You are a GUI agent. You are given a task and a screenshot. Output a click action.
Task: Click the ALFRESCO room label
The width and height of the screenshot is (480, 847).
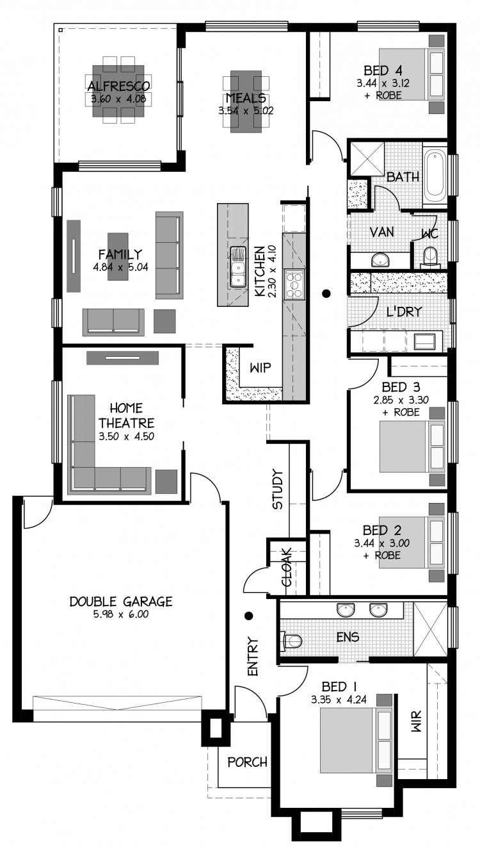(x=118, y=86)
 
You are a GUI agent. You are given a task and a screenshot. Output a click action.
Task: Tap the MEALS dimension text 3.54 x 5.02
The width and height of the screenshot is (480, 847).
(x=246, y=111)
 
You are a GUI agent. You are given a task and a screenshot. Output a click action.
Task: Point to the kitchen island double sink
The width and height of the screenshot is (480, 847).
(x=238, y=267)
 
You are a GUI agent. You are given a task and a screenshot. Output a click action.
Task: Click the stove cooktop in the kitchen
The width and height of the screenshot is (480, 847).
(x=294, y=284)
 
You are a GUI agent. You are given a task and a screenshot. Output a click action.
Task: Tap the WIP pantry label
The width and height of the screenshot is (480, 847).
(x=260, y=367)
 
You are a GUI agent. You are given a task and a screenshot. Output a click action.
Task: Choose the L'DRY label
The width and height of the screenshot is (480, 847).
(x=404, y=311)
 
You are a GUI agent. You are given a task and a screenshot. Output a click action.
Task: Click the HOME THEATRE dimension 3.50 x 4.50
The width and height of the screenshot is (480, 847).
(x=126, y=436)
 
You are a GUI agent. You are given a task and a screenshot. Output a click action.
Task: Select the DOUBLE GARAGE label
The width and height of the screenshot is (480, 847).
(x=121, y=601)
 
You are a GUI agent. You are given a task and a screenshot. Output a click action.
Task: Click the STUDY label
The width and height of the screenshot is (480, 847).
(x=278, y=489)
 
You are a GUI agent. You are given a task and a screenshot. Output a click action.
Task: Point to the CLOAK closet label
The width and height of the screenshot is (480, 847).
(x=287, y=567)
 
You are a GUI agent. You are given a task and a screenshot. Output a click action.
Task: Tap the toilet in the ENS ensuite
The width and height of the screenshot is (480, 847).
(x=292, y=641)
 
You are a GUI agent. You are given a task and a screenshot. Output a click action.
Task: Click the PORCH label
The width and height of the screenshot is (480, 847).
(x=248, y=762)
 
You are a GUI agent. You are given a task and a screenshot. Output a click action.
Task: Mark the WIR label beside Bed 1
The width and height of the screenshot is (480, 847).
(x=415, y=721)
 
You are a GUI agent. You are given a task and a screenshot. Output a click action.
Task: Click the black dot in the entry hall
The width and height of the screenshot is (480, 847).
(x=249, y=616)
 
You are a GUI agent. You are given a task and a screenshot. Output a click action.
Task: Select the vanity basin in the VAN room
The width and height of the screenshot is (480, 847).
(x=380, y=259)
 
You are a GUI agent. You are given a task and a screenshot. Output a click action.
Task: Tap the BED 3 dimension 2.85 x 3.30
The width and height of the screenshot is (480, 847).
(x=401, y=400)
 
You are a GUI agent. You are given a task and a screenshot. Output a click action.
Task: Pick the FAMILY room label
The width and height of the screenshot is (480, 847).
(x=120, y=254)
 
